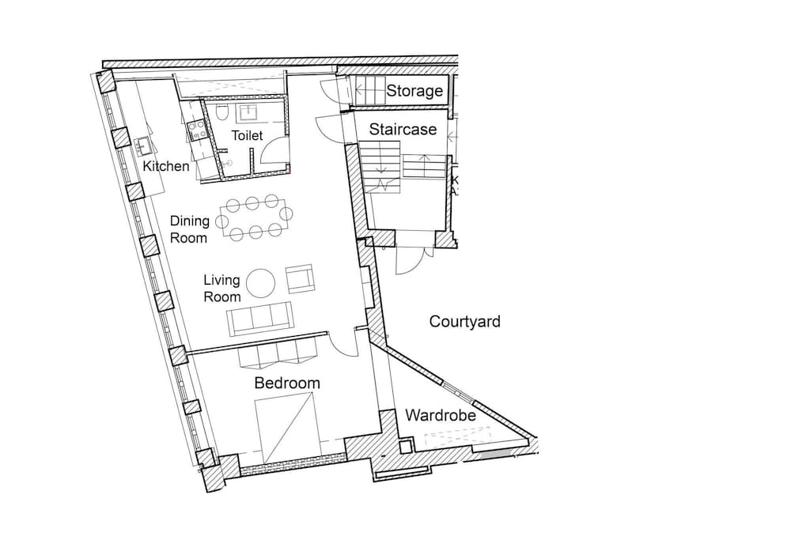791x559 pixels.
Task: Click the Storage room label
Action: pos(414,91)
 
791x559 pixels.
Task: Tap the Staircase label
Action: pos(403,130)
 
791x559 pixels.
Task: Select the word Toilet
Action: pos(247,135)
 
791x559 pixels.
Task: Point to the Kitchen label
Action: pos(166,166)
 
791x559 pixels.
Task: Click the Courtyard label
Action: pos(464,322)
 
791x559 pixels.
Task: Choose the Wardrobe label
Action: pos(441,415)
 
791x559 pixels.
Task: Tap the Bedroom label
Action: pos(287,383)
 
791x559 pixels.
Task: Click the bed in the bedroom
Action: pos(286,429)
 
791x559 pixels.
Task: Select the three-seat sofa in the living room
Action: pos(259,319)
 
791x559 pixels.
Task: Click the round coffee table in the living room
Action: pos(263,282)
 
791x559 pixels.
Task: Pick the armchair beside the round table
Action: pos(300,279)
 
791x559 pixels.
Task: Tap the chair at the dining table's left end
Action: pos(221,221)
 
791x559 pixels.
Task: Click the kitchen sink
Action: pos(142,146)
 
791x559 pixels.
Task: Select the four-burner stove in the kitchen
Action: pos(196,129)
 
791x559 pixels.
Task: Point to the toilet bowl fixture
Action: pos(222,114)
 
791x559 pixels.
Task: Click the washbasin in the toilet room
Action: pos(248,113)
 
